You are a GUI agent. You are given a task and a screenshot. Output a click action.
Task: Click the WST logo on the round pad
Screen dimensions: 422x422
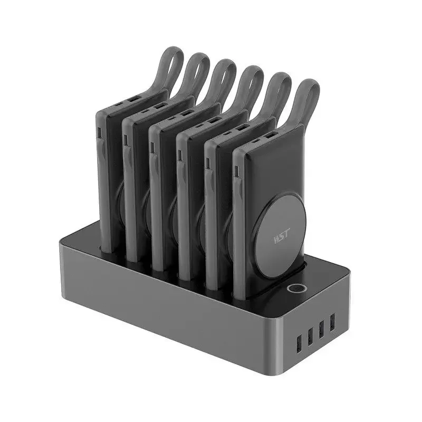pyautogui.click(x=282, y=236)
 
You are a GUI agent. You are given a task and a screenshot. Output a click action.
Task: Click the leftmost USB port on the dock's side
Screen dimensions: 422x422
pyautogui.click(x=299, y=344)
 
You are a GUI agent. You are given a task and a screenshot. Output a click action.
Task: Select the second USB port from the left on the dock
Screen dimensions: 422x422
pyautogui.click(x=310, y=337)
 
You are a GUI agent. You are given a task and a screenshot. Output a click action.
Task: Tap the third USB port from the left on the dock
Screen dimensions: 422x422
pyautogui.click(x=321, y=329)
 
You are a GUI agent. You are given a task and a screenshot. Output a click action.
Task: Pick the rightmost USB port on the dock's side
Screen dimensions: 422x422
pyautogui.click(x=332, y=322)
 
